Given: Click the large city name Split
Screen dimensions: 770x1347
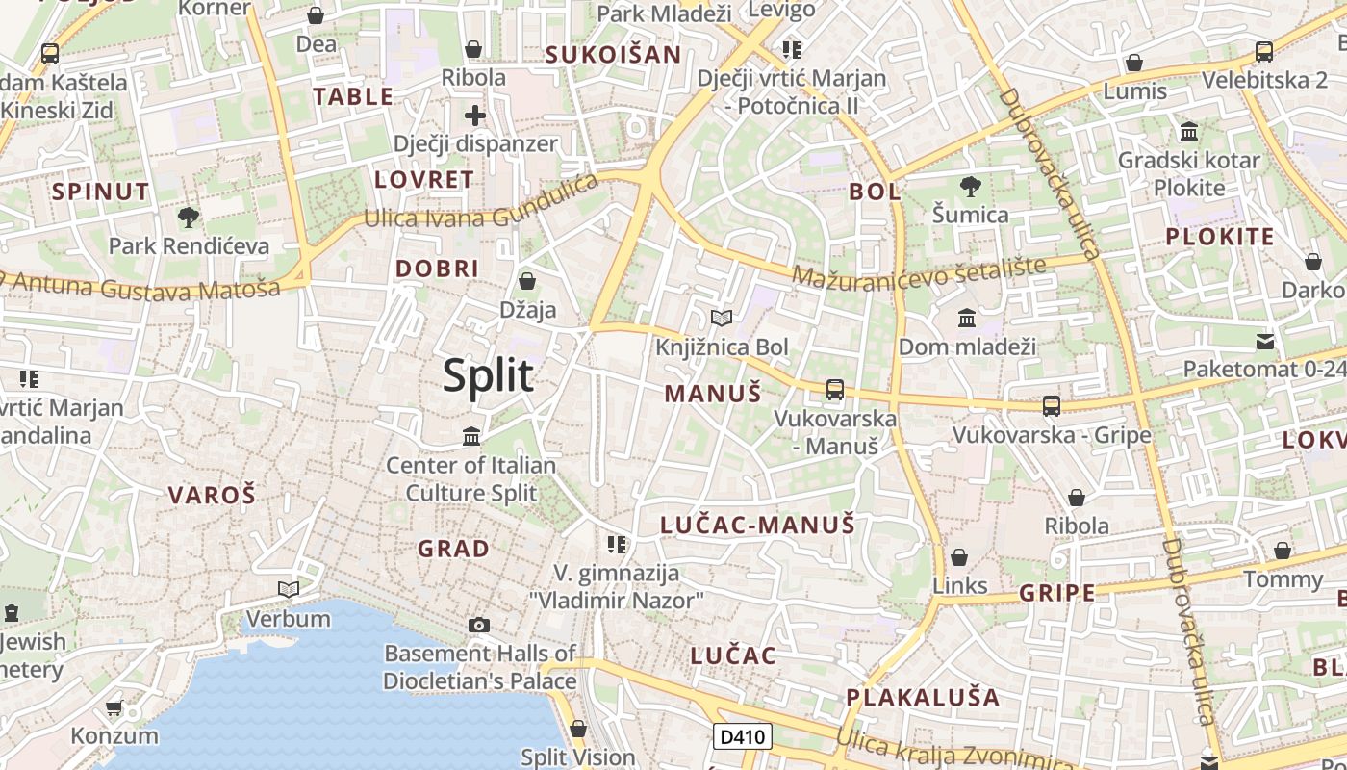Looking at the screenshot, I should [488, 375].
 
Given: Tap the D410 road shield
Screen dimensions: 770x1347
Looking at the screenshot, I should [743, 737].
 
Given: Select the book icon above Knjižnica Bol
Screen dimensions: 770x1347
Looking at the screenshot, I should [722, 318].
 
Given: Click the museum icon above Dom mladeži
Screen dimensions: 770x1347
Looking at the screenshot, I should [967, 318].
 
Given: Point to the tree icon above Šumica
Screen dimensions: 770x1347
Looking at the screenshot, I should [970, 186].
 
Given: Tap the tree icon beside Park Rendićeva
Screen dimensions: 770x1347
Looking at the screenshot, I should [189, 217].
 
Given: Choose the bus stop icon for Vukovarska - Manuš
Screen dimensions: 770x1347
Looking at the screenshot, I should [835, 390].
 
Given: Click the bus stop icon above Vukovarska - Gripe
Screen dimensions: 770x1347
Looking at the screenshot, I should [1052, 406].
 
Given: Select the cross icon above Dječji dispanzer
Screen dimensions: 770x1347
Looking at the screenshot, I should [475, 116].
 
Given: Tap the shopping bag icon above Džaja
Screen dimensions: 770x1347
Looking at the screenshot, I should [527, 281].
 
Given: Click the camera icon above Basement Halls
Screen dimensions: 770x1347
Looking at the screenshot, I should [479, 625].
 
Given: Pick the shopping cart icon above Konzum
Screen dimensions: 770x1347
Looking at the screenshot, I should [114, 708].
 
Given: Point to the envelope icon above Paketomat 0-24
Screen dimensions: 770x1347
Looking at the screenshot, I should [1265, 341].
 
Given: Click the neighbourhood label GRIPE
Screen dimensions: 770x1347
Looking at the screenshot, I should [1056, 593].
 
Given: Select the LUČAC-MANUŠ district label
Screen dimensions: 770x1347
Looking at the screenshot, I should [757, 525].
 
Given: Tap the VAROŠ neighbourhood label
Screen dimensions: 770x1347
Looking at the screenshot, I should [212, 496].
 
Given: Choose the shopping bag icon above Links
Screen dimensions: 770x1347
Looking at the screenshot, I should [959, 557].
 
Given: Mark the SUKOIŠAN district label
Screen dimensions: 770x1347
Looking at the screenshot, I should [613, 55].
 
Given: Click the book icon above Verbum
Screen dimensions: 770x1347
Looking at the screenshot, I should [289, 589].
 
